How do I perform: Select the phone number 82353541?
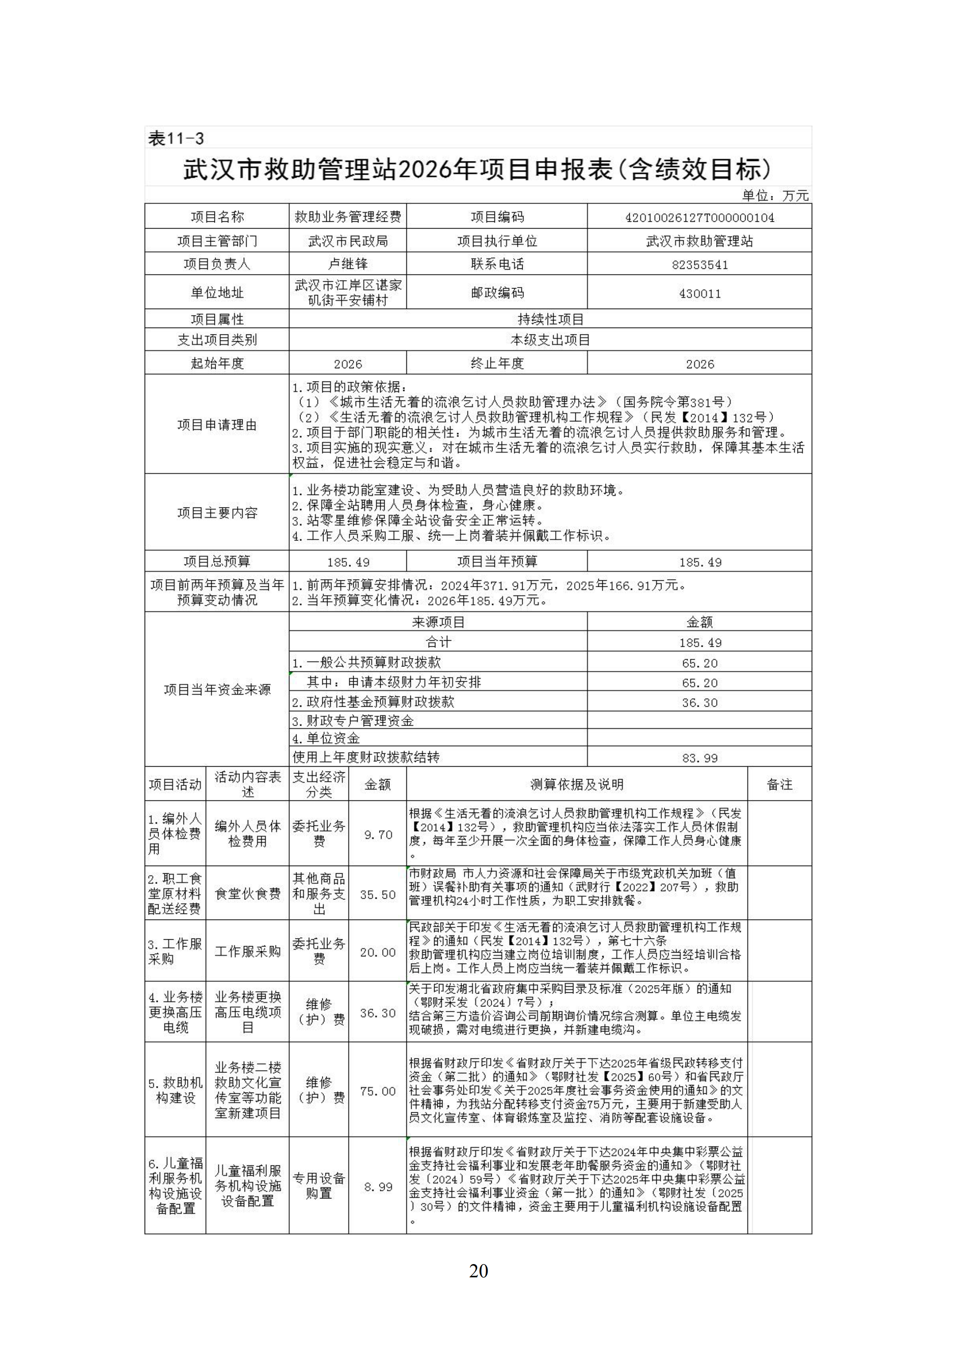(x=700, y=265)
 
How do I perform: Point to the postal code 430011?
(x=700, y=293)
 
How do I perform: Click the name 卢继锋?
(x=348, y=264)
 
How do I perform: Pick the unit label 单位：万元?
(x=775, y=195)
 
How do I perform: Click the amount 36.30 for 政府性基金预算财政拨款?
(x=700, y=702)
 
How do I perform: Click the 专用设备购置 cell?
(x=319, y=1186)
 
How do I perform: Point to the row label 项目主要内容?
(x=217, y=513)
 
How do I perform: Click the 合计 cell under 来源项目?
(x=438, y=641)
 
